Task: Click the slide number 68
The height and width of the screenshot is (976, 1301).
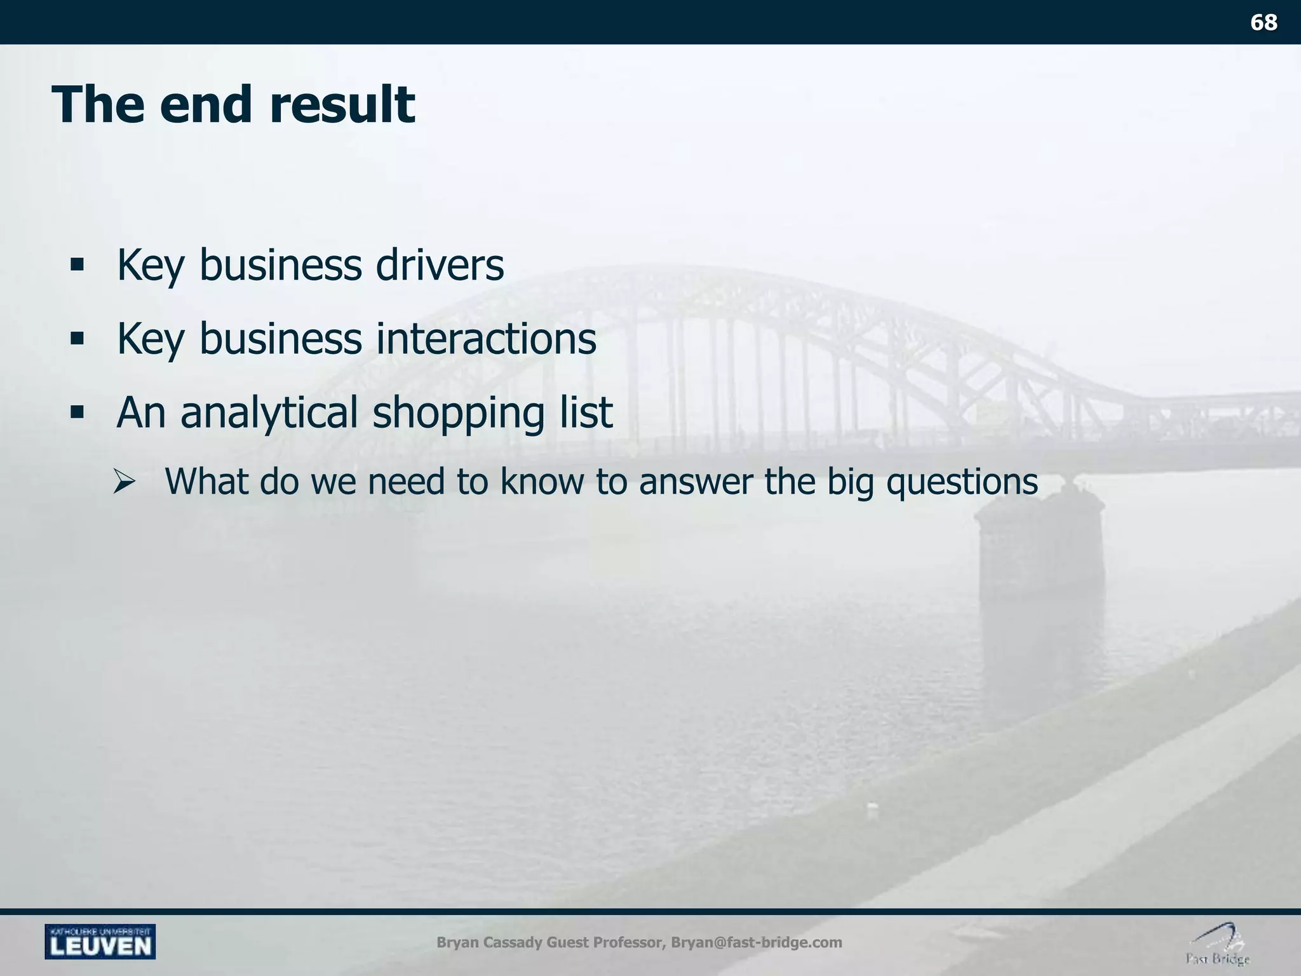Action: (x=1263, y=23)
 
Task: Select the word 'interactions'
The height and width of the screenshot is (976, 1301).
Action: (x=486, y=339)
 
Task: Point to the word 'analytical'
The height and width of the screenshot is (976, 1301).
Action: (x=269, y=414)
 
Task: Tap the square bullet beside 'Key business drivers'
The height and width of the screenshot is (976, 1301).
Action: (x=78, y=266)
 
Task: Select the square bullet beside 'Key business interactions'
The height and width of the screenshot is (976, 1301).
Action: (x=78, y=339)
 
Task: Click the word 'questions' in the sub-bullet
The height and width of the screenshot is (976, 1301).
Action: (x=962, y=482)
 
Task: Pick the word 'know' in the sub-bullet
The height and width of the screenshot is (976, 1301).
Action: (x=541, y=481)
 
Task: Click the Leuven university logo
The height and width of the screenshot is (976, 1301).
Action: (x=100, y=941)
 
